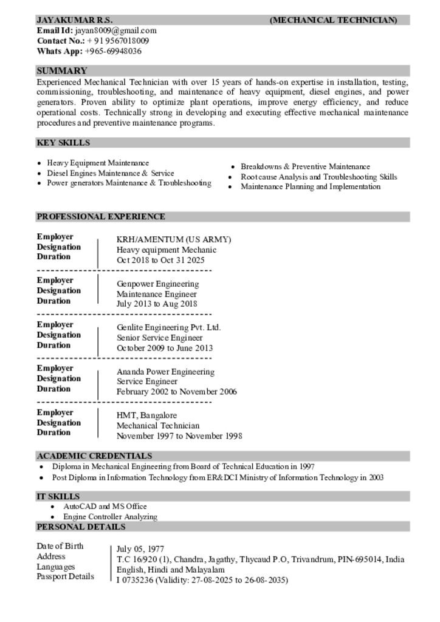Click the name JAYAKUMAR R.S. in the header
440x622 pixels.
(75, 20)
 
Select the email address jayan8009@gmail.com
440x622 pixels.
(115, 30)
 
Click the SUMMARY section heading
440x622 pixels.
(62, 70)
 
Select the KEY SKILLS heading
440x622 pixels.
(63, 143)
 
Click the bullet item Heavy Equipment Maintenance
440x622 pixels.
(98, 163)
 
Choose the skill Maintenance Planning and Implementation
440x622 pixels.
(311, 187)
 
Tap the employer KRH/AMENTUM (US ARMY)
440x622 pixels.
(174, 239)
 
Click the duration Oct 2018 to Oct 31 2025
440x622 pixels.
(160, 260)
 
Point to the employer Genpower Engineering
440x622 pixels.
(157, 284)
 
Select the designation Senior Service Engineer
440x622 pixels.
(160, 338)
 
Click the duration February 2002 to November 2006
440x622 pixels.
(177, 392)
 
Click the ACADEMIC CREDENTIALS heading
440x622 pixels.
(94, 456)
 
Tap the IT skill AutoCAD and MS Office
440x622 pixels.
(105, 506)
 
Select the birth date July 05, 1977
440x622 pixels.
(140, 549)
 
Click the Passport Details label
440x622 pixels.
(65, 576)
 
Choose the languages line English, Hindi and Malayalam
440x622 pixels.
(171, 570)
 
